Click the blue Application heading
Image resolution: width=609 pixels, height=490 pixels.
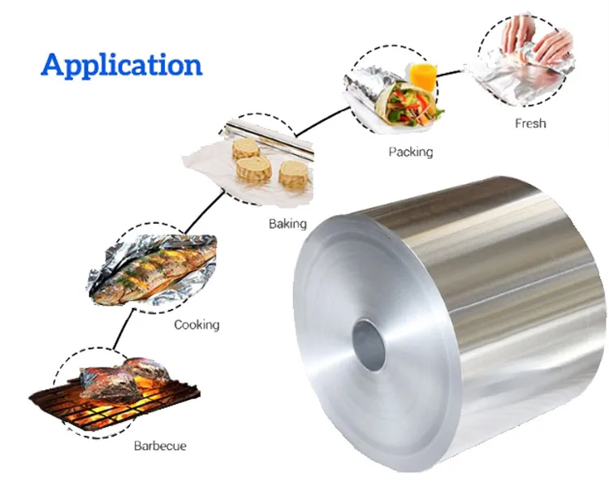click(121, 64)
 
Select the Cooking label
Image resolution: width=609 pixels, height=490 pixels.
click(197, 325)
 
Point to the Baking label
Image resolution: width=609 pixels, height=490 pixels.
click(287, 224)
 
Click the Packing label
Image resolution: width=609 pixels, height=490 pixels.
click(410, 152)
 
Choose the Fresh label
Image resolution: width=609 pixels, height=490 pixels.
click(530, 123)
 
